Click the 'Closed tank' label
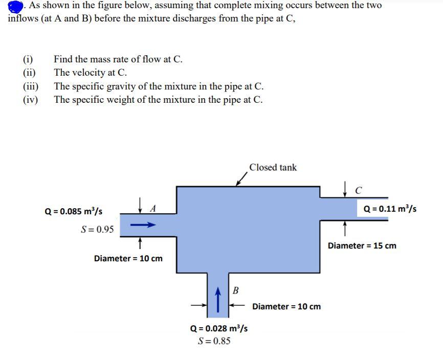point(273,168)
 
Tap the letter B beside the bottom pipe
point(235,291)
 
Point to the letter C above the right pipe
point(359,191)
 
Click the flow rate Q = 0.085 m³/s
point(73,211)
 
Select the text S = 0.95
point(98,229)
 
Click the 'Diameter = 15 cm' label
point(362,245)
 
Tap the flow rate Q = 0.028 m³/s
point(218,328)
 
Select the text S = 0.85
point(214,341)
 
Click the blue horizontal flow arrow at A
point(142,224)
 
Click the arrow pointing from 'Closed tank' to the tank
point(240,178)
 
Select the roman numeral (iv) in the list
point(30,99)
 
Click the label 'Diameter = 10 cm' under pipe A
point(128,258)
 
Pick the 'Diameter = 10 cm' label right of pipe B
point(286,306)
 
